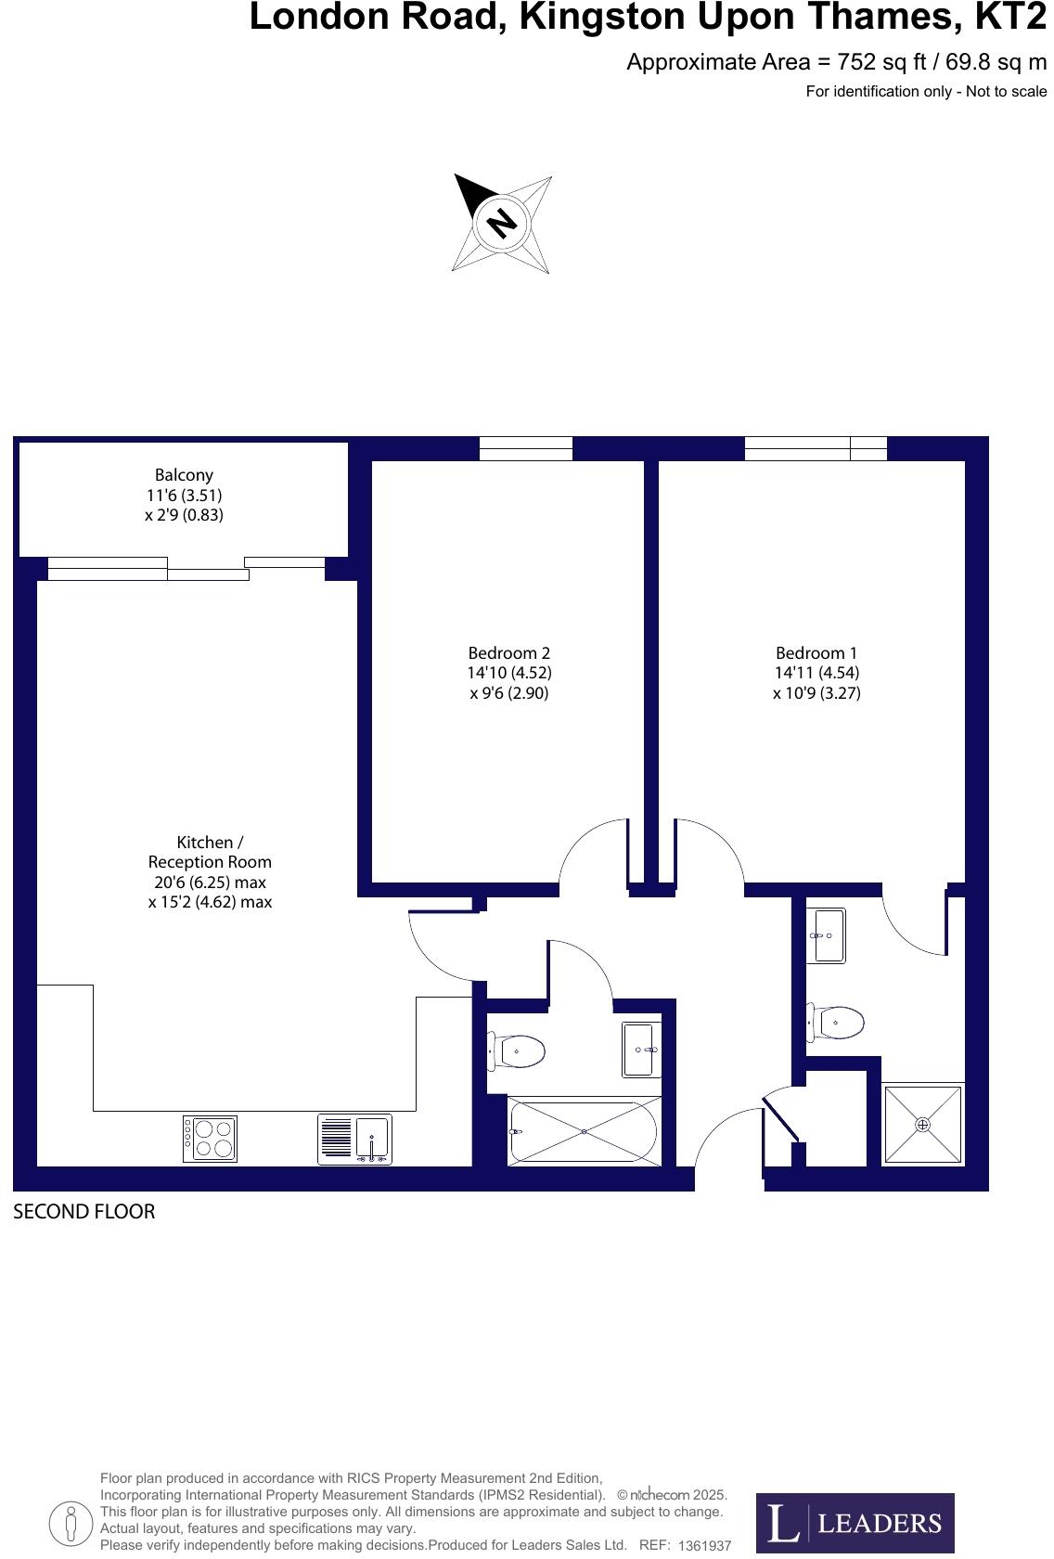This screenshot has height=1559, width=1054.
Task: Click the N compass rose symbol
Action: tap(502, 223)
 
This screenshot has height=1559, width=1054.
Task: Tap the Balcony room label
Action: tap(184, 495)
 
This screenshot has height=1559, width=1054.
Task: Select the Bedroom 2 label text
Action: tap(509, 673)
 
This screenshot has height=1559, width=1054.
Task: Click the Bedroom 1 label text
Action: tap(816, 673)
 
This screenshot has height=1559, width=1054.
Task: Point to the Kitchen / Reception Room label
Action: tap(210, 871)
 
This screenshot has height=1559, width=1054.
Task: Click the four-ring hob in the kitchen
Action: tap(210, 1139)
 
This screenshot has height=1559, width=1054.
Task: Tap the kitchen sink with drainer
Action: tap(355, 1139)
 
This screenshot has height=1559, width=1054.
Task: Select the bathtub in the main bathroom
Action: tap(584, 1131)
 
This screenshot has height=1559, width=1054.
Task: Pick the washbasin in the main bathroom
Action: tap(640, 1050)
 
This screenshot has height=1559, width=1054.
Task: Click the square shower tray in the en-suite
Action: tap(922, 1124)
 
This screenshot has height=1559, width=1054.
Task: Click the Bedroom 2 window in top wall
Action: tap(525, 448)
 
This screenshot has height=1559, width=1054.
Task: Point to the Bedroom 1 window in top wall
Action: tap(816, 448)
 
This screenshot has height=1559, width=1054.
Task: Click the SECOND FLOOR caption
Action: tap(84, 1212)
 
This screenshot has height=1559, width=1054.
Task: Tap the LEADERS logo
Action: tap(855, 1523)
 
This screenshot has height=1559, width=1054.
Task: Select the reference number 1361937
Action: tap(704, 1546)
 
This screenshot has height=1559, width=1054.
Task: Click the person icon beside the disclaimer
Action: tap(71, 1522)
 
